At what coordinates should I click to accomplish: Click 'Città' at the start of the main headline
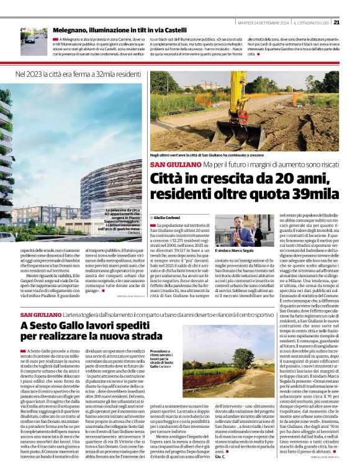[168, 180]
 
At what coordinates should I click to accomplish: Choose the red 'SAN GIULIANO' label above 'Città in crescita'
[168, 165]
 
